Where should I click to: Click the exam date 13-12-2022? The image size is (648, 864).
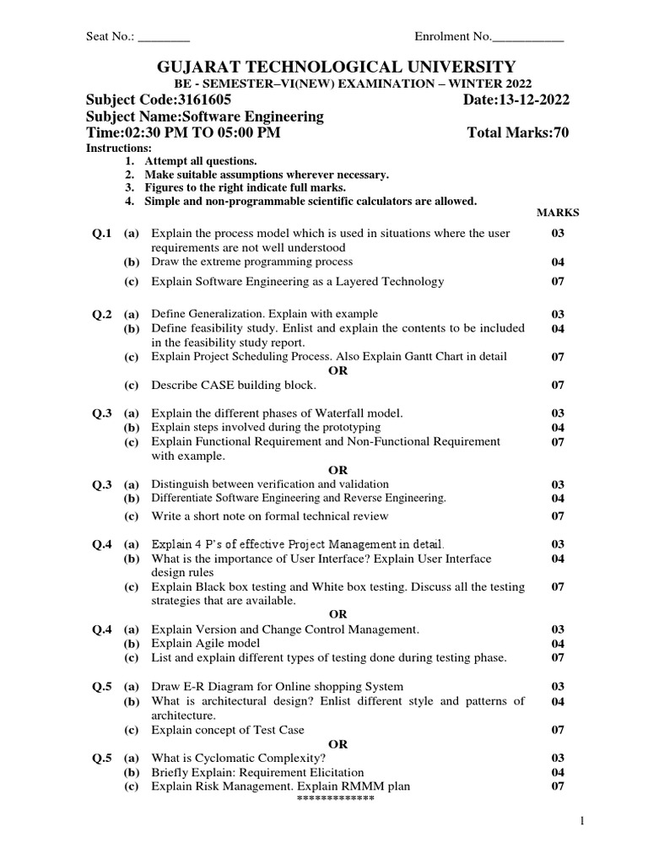(536, 100)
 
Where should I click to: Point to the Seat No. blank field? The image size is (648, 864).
(164, 37)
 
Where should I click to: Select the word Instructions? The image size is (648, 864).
(119, 148)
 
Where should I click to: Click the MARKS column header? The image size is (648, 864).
(558, 213)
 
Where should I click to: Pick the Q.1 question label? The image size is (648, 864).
(102, 234)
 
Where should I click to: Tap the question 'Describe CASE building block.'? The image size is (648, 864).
(234, 386)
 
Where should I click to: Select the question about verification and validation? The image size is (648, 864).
(270, 484)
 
